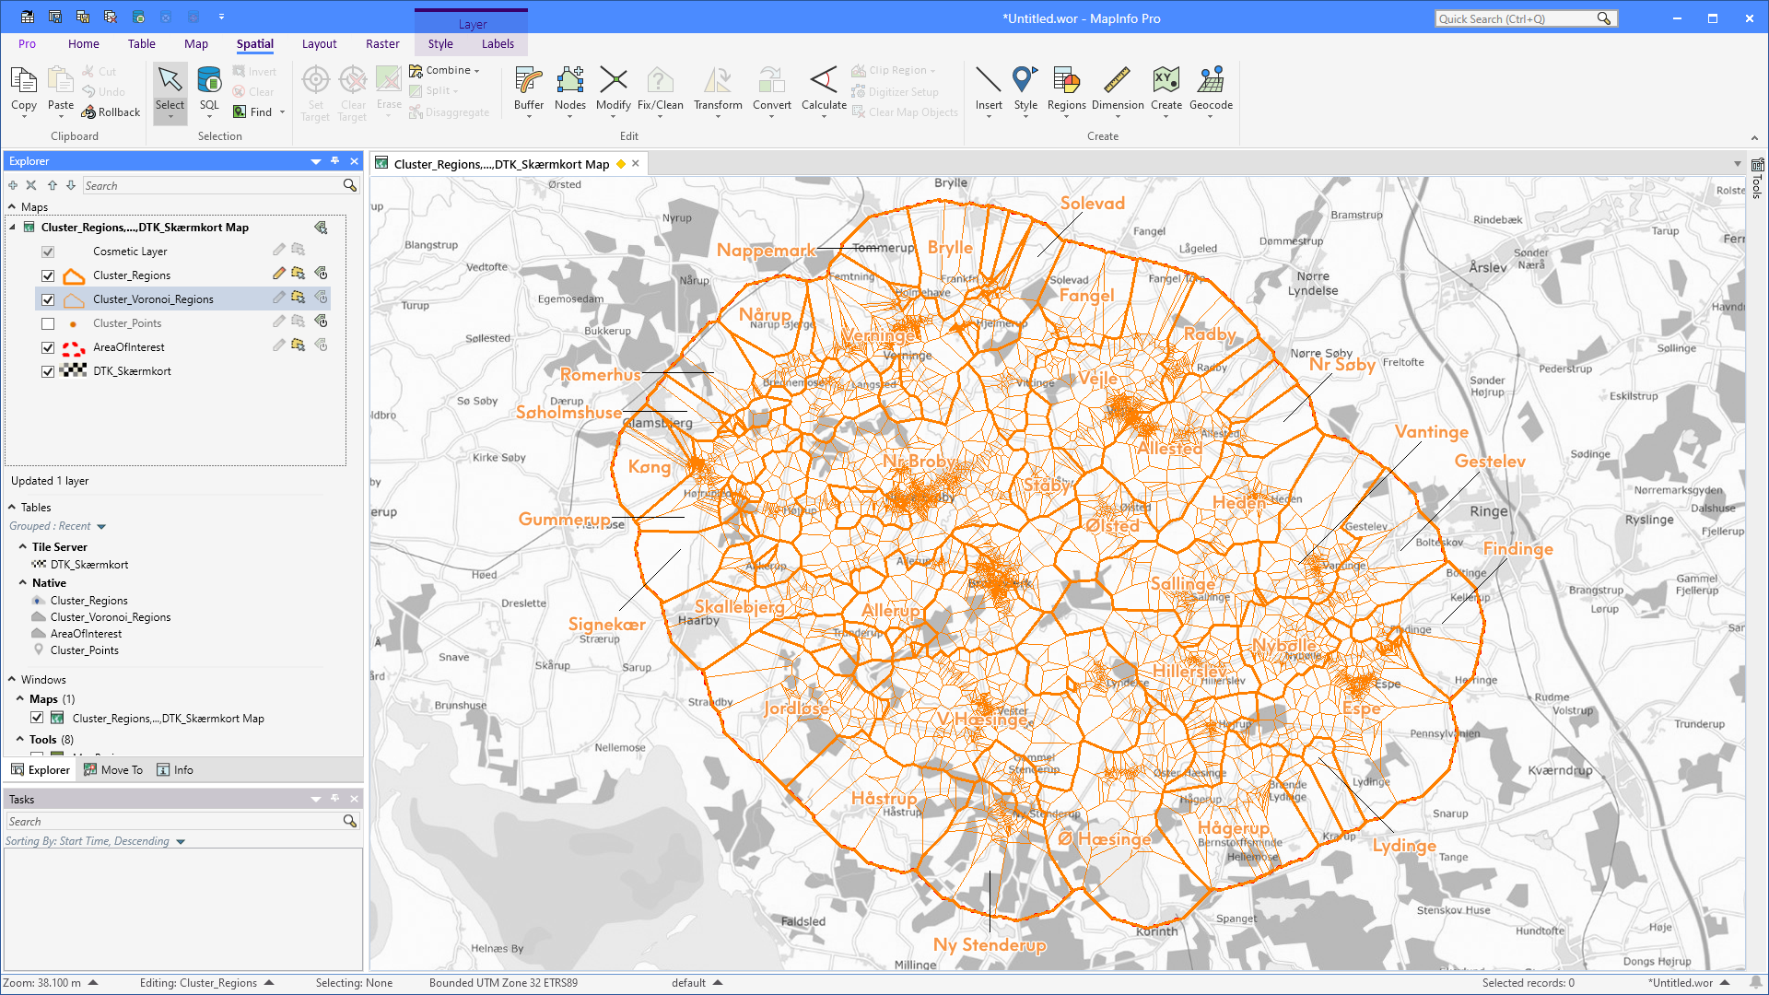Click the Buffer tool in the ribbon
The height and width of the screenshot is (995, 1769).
(529, 89)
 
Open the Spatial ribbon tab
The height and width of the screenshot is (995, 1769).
(254, 43)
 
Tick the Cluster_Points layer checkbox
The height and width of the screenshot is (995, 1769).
(48, 323)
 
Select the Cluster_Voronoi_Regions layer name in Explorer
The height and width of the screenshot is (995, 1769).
(153, 299)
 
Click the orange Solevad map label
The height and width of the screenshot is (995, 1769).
(1092, 204)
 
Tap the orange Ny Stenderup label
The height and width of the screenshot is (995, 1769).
(990, 944)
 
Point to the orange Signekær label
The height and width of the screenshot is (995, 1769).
(606, 624)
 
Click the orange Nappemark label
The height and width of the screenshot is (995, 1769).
(766, 250)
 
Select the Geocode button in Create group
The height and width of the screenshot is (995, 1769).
(1211, 89)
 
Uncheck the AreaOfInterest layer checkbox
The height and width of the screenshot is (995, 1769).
(48, 347)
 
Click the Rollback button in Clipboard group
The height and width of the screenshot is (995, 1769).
(111, 112)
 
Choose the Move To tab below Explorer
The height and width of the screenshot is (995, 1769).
(113, 770)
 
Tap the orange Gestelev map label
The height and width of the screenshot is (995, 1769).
(1490, 461)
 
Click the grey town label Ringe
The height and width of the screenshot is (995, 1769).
(1489, 511)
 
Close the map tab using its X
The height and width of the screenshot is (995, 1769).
(636, 164)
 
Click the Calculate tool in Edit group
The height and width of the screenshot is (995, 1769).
(824, 89)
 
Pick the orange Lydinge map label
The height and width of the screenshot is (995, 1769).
(1404, 845)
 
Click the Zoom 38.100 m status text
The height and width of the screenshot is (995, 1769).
(42, 983)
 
